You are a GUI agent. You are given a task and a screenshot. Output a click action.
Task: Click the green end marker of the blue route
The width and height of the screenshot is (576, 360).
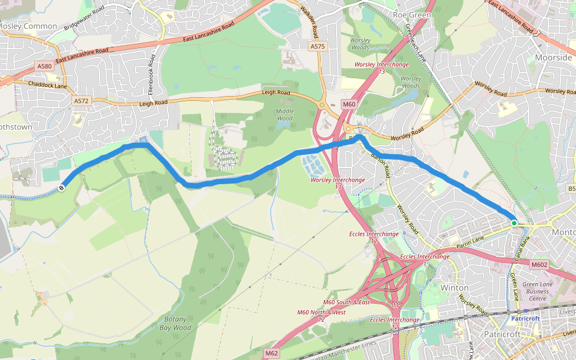[514, 223]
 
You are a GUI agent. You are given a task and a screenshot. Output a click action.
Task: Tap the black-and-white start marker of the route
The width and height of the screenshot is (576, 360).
[62, 188]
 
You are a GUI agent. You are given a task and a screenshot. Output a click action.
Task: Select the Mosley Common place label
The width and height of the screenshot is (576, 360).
[28, 26]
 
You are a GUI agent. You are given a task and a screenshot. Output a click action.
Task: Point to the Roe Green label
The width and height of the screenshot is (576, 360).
[412, 14]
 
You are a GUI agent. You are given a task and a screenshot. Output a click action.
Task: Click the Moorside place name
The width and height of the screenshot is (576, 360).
[553, 58]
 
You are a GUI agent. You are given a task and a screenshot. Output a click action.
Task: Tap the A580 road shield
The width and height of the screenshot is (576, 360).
[44, 66]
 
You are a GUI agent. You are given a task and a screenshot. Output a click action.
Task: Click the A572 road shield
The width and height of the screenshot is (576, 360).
[81, 101]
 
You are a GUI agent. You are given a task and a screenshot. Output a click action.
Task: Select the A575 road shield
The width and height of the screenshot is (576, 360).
[317, 46]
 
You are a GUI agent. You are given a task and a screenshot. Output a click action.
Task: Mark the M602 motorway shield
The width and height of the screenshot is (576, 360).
[539, 264]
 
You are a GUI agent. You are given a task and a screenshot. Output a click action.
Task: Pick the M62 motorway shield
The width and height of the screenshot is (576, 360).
[271, 353]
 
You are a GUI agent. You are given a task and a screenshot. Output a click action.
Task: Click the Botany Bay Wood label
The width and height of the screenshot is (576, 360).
[175, 323]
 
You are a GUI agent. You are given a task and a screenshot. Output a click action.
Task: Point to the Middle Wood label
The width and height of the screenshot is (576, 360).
[285, 115]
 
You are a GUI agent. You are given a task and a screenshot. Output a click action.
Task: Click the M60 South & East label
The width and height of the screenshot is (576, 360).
[346, 302]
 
